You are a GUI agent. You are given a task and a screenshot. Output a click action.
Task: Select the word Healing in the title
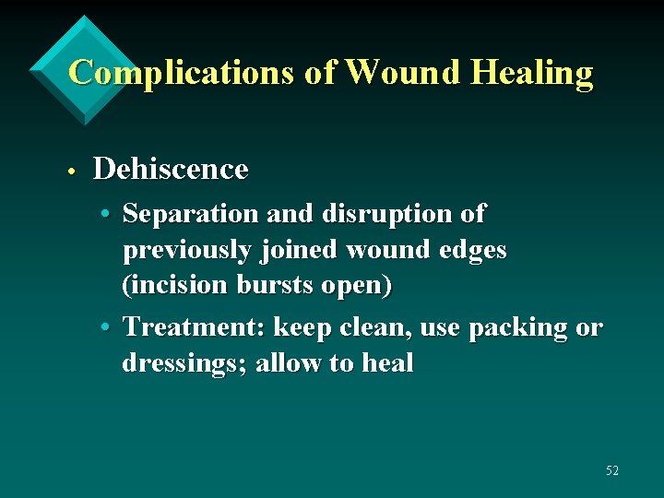pyautogui.click(x=531, y=72)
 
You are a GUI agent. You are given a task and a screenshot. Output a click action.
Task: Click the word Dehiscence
pyautogui.click(x=171, y=170)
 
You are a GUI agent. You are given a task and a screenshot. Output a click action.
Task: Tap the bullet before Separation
pyautogui.click(x=107, y=214)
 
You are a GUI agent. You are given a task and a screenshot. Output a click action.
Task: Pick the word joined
pyautogui.click(x=292, y=250)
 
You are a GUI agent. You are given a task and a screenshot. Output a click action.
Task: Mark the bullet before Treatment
pyautogui.click(x=107, y=327)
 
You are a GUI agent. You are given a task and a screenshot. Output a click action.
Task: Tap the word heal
pyautogui.click(x=387, y=363)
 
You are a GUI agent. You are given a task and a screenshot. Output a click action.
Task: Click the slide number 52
pyautogui.click(x=612, y=471)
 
